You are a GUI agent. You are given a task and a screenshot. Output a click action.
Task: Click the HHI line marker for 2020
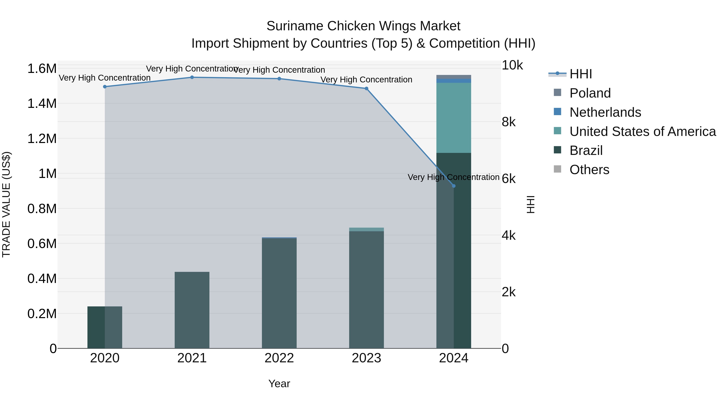(105, 87)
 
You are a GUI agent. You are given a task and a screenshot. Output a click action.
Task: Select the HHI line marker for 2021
(192, 77)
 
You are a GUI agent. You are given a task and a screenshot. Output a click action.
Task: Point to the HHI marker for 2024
(454, 186)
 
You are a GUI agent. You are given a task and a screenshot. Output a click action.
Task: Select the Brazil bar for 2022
(279, 293)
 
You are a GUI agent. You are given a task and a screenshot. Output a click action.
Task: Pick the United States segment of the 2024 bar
(454, 118)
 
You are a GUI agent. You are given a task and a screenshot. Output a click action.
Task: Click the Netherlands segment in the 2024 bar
(454, 81)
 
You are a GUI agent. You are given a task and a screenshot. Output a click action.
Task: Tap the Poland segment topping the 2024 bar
(454, 77)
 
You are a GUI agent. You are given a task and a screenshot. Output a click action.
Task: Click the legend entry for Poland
(590, 93)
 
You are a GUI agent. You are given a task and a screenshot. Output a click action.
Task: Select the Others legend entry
(589, 170)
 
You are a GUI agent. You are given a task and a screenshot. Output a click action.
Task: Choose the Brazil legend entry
(586, 150)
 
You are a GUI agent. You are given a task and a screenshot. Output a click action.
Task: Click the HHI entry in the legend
(581, 74)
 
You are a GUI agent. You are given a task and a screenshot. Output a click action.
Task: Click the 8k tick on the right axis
(508, 122)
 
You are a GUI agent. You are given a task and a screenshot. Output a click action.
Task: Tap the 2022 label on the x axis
(279, 358)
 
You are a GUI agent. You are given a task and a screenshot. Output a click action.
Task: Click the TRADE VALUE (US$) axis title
(6, 204)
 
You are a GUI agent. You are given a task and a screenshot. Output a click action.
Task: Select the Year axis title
(279, 384)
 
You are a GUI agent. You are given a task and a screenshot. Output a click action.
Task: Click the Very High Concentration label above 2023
(366, 80)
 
